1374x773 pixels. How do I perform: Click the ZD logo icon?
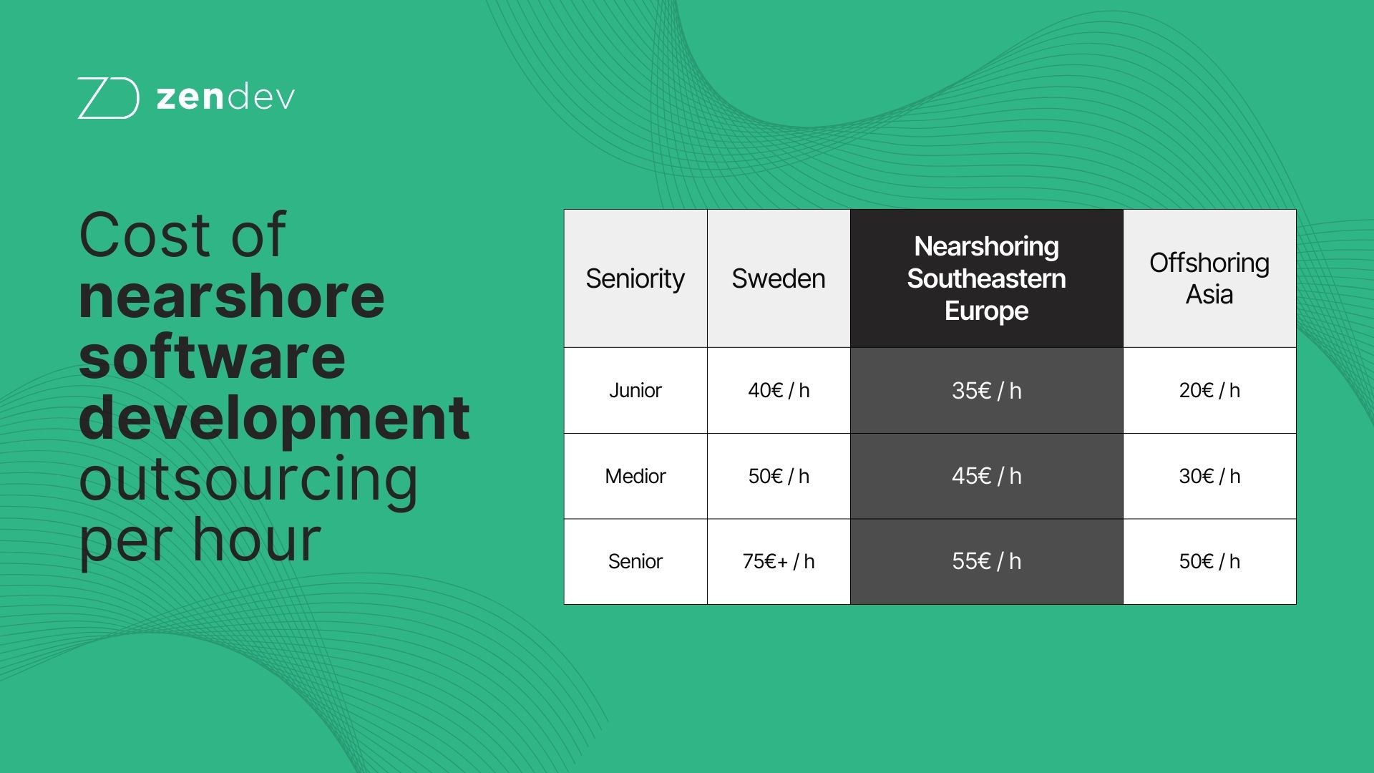108,98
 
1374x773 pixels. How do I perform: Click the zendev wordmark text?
225,98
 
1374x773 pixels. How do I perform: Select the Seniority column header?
635,278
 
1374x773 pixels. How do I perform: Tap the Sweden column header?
778,278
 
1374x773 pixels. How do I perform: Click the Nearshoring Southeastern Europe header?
986,278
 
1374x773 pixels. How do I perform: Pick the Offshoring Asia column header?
1209,278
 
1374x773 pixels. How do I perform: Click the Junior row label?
635,390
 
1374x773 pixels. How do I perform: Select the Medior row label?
635,476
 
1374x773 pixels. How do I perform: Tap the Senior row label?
635,561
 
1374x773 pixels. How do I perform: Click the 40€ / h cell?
778,390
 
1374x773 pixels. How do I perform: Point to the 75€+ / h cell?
778,561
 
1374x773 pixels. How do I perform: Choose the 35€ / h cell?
986,390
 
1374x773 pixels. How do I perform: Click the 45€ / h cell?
986,476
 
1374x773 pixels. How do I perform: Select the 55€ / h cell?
986,561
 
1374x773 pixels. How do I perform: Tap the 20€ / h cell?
1209,390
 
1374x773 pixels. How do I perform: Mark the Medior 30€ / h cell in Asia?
1209,476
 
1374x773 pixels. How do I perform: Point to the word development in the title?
274,419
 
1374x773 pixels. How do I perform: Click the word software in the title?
212,358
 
